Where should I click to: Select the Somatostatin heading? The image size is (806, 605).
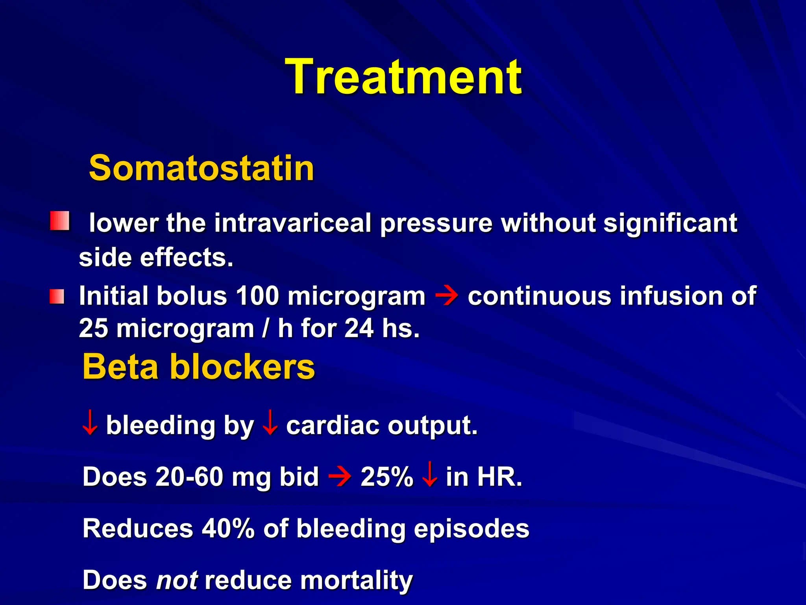(x=201, y=168)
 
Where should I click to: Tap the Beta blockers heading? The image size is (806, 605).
(x=199, y=367)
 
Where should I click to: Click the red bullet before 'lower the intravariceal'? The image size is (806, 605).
(x=60, y=221)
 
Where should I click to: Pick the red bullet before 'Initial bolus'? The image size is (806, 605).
(x=57, y=297)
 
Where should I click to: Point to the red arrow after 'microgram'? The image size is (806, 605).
(x=447, y=296)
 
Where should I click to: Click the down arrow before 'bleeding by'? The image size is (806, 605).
(x=90, y=423)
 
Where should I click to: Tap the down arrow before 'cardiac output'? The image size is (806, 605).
(x=270, y=423)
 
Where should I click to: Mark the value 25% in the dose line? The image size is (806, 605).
(x=387, y=477)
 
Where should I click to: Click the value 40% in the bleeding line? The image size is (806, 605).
(x=228, y=529)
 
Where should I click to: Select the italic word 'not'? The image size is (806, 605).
(x=177, y=580)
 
